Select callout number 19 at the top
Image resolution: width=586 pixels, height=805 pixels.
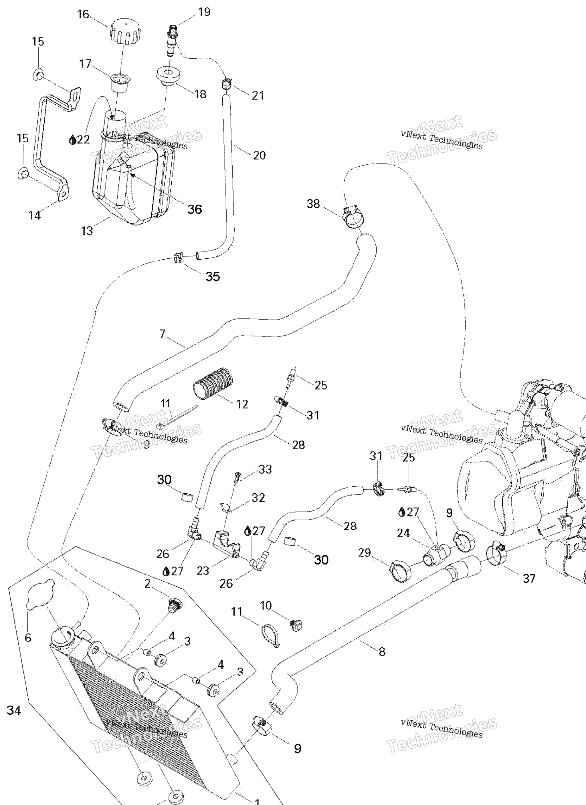point(204,12)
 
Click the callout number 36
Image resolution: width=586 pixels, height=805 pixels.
point(195,210)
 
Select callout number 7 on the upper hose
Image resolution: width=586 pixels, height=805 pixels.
point(163,334)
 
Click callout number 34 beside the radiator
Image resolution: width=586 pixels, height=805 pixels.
point(13,710)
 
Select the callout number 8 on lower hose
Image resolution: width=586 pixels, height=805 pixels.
point(382,651)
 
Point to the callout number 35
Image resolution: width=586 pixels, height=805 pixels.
point(213,276)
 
